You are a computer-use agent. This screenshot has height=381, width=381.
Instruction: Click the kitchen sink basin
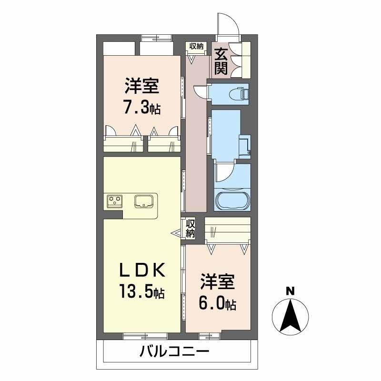click(144, 201)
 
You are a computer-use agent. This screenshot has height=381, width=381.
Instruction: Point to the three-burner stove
click(115, 201)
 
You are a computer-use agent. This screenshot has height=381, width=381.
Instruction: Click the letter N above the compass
click(290, 291)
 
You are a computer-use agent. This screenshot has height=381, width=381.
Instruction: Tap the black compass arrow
click(290, 316)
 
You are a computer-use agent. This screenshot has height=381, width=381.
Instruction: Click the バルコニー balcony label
click(174, 351)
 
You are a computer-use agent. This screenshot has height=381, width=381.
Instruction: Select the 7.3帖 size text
click(142, 108)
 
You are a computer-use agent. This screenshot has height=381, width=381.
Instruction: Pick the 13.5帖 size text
click(141, 291)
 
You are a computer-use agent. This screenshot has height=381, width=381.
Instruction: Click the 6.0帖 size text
click(218, 304)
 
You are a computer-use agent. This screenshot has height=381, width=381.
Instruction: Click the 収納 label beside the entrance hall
click(196, 46)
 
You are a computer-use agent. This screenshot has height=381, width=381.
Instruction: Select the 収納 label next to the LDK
click(190, 229)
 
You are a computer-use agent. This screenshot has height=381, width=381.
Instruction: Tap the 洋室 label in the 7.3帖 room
click(142, 86)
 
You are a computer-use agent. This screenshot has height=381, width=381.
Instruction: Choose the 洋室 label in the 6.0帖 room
click(218, 282)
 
